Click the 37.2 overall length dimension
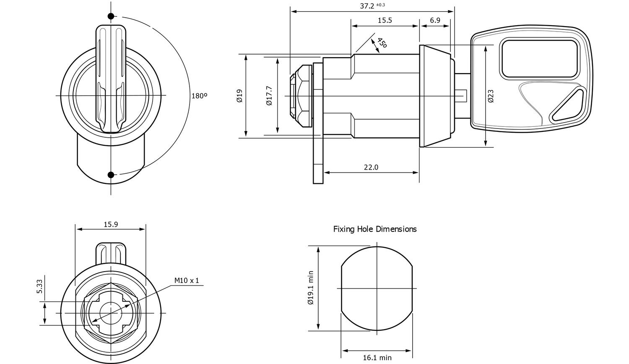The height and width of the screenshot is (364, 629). point(367,6)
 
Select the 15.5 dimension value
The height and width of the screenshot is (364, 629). point(385,20)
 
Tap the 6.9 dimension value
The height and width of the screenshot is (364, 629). point(435,20)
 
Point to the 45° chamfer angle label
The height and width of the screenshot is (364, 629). point(381,43)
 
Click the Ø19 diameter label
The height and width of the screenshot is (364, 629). point(239,96)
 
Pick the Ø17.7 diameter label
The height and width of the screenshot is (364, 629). point(269,96)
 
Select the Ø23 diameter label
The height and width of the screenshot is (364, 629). point(491,96)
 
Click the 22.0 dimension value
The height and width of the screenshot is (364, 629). point(371,167)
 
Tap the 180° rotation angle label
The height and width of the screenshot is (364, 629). point(200,96)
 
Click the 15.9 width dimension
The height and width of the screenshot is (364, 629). point(111,224)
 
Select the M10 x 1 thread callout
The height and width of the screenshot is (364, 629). point(187,280)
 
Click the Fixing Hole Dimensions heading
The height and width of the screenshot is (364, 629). point(375,229)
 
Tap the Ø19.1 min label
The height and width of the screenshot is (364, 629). point(310,288)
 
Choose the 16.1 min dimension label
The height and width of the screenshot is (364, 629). point(377,358)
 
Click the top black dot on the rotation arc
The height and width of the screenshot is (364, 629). point(111,16)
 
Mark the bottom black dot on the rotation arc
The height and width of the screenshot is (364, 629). point(111,175)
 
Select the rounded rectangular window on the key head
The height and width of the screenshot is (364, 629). point(540,58)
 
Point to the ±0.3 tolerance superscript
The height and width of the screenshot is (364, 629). point(380,5)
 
